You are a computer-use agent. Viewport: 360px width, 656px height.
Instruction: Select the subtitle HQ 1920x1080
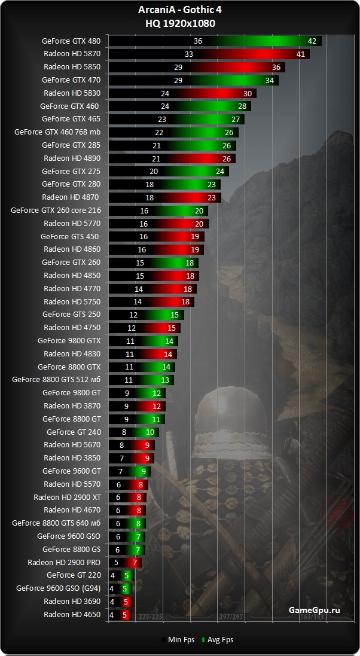(x=180, y=23)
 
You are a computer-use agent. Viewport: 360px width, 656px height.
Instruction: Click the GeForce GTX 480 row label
(x=71, y=41)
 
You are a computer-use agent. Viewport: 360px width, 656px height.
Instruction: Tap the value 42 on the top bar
(x=312, y=41)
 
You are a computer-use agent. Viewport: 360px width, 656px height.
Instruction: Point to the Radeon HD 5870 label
(x=72, y=54)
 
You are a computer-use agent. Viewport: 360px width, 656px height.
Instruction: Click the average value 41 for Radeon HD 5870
(x=301, y=54)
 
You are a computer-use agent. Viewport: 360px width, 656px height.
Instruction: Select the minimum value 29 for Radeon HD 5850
(x=178, y=67)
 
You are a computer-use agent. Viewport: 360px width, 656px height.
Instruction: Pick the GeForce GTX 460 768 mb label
(x=57, y=132)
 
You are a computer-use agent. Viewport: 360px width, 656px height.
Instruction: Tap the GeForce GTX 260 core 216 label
(x=56, y=210)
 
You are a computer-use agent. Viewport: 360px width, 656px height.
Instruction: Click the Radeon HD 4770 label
(x=72, y=288)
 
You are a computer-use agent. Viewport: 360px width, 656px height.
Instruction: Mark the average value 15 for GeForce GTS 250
(x=175, y=315)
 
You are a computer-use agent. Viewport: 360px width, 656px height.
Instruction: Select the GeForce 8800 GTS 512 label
(x=56, y=380)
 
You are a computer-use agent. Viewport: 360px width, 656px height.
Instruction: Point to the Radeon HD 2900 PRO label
(x=64, y=562)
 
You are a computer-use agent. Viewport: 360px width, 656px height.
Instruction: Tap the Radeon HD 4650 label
(x=72, y=614)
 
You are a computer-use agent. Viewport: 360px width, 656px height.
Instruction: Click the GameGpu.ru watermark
(x=314, y=609)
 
